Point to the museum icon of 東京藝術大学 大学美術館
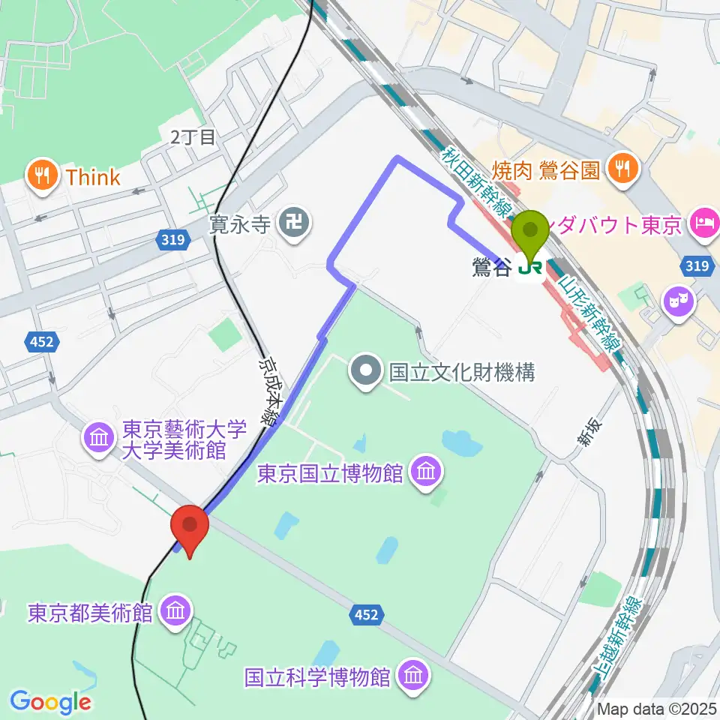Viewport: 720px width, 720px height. pyautogui.click(x=100, y=437)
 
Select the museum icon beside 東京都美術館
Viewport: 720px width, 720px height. pyautogui.click(x=176, y=613)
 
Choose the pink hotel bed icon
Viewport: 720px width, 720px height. pyautogui.click(x=706, y=223)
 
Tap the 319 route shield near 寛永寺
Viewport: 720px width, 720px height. pyautogui.click(x=171, y=240)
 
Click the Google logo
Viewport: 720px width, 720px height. pyautogui.click(x=50, y=702)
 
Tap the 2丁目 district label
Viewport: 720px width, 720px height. pyautogui.click(x=193, y=137)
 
